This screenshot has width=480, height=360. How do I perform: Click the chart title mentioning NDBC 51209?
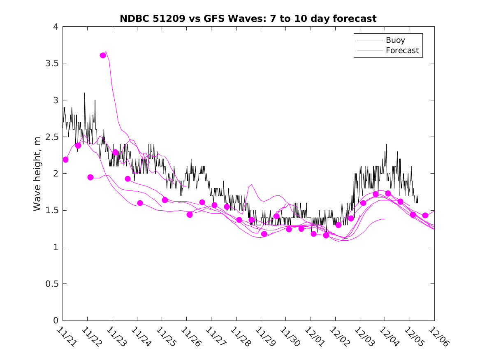pyautogui.click(x=248, y=19)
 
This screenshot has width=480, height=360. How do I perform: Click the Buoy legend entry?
pyautogui.click(x=395, y=40)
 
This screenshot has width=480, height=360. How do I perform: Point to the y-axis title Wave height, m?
pyautogui.click(x=37, y=174)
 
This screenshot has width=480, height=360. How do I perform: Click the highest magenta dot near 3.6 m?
pyautogui.click(x=103, y=55)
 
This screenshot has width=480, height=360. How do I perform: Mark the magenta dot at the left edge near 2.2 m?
pyautogui.click(x=65, y=159)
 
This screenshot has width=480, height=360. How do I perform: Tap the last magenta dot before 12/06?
pyautogui.click(x=425, y=215)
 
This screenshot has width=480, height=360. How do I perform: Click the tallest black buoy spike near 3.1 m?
pyautogui.click(x=85, y=93)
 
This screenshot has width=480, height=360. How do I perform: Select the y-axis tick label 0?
pyautogui.click(x=56, y=321)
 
